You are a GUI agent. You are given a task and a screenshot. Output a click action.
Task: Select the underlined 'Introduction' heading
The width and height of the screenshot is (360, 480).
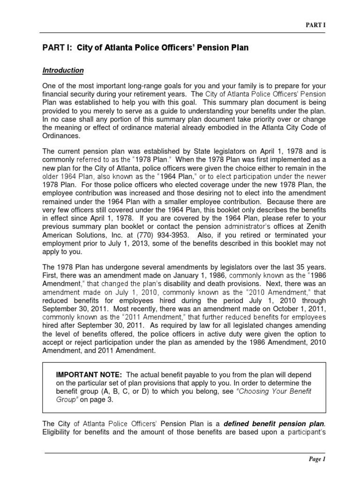[63, 70]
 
